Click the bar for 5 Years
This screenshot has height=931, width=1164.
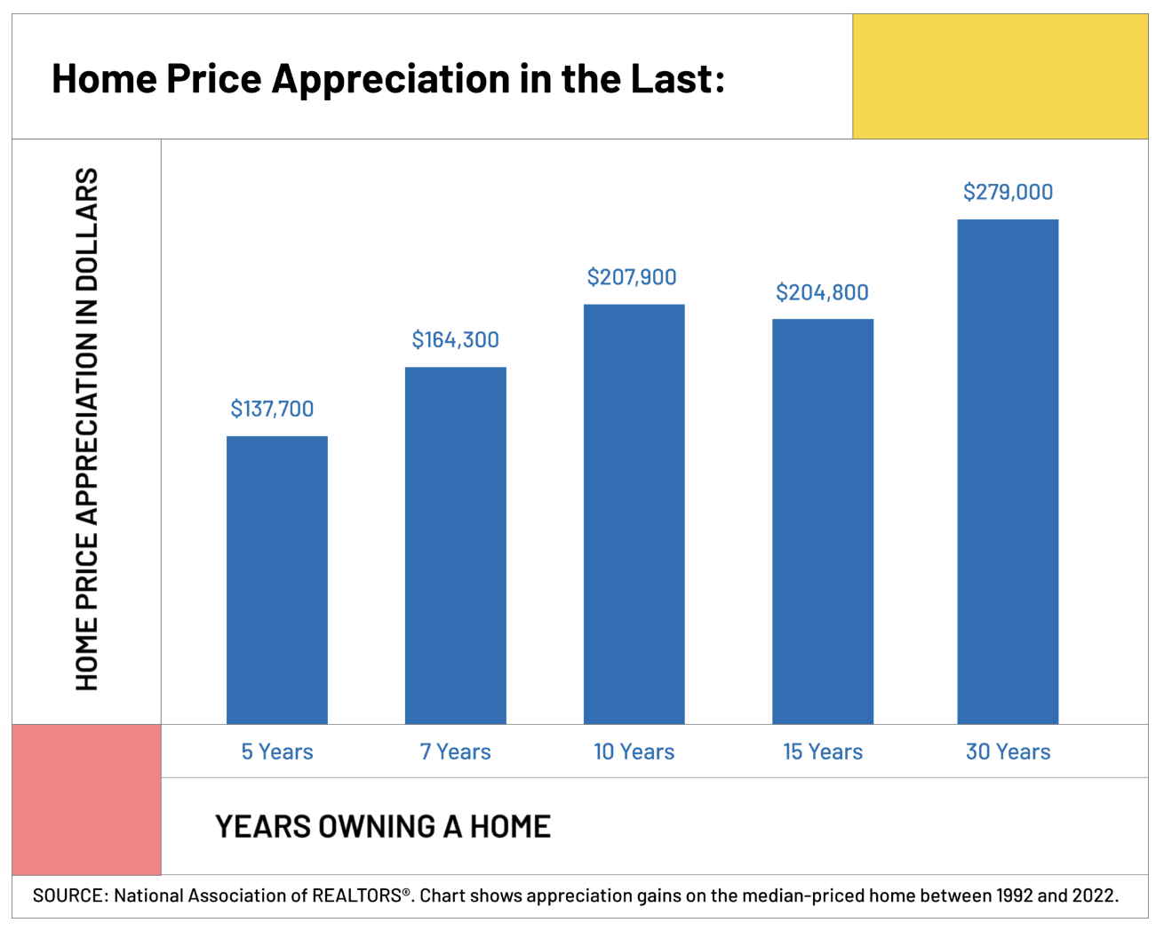[x=277, y=579]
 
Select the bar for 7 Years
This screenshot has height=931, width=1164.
[x=456, y=545]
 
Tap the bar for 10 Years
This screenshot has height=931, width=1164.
[x=634, y=513]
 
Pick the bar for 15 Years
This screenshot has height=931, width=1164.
[x=823, y=521]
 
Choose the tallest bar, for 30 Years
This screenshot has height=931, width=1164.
[x=1008, y=471]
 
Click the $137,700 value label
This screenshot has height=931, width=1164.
[x=272, y=409]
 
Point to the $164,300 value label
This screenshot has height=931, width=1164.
[x=455, y=339]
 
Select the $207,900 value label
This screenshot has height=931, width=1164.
[x=632, y=277]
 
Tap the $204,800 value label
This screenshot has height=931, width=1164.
[x=822, y=292]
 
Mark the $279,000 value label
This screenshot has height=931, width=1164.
[x=1008, y=192]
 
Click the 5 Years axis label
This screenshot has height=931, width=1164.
[x=277, y=752]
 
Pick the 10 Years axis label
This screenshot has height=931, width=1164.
[x=634, y=752]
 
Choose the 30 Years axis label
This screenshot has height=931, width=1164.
[x=1008, y=752]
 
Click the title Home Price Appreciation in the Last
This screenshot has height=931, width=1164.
[x=388, y=78]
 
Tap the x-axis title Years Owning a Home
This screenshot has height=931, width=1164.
[x=383, y=826]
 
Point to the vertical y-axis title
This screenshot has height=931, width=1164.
[x=86, y=429]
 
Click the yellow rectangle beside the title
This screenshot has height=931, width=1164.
[x=1000, y=76]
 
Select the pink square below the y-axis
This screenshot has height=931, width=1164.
[x=86, y=800]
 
